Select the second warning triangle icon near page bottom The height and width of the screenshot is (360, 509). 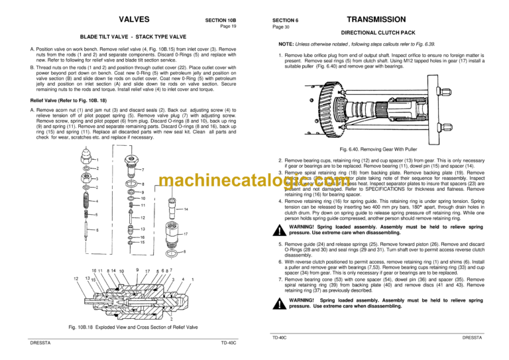tap(280, 303)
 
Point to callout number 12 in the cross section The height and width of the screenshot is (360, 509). tap(78, 278)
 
